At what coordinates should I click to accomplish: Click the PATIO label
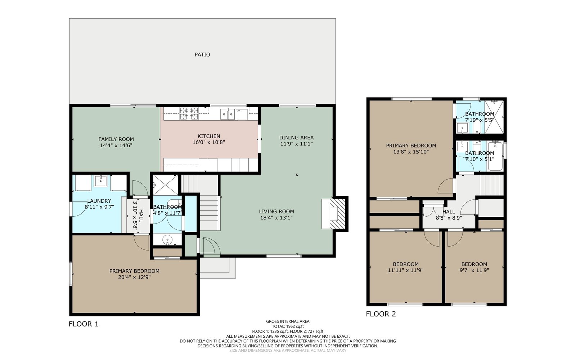click(202, 54)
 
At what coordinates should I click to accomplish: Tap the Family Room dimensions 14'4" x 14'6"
click(116, 145)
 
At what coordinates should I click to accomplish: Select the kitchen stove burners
click(189, 113)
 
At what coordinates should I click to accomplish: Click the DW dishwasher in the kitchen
click(242, 114)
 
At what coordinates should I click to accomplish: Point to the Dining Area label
click(297, 138)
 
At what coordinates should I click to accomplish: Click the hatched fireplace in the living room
click(337, 214)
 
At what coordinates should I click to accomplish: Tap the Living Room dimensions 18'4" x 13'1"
click(276, 218)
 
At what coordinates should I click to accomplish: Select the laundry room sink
click(100, 181)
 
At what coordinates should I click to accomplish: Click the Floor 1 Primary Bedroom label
click(134, 271)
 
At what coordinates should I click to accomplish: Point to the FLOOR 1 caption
click(84, 324)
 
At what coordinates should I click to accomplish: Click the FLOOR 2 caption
click(381, 314)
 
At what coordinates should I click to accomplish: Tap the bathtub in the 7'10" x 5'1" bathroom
click(495, 156)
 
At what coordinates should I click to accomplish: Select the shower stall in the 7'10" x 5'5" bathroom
click(494, 117)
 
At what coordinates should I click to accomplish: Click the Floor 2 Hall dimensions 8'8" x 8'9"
click(449, 218)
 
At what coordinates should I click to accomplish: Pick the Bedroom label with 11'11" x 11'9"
click(405, 264)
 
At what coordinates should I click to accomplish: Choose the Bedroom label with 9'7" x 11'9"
click(474, 264)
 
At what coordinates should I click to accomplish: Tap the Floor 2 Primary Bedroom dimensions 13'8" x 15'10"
click(411, 152)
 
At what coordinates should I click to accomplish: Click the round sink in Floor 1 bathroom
click(167, 240)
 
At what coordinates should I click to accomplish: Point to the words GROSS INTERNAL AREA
click(288, 321)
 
